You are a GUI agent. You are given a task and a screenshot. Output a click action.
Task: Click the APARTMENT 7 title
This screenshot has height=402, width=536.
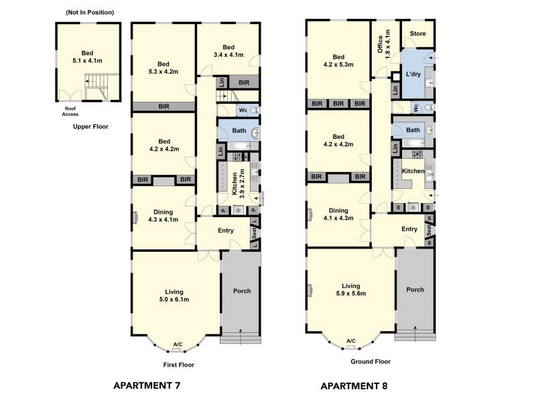click(x=147, y=386)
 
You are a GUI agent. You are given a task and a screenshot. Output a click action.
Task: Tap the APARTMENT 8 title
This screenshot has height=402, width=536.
click(x=354, y=386)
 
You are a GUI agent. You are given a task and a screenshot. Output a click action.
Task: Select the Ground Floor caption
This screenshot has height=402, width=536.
click(x=371, y=361)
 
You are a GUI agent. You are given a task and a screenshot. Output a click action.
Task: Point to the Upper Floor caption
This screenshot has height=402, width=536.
click(x=90, y=127)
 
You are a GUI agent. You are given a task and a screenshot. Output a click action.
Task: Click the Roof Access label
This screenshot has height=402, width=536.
click(x=70, y=111)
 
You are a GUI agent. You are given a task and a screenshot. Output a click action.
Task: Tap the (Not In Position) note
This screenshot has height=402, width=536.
click(x=90, y=12)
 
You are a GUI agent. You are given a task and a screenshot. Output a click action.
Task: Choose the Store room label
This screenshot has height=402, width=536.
click(x=417, y=33)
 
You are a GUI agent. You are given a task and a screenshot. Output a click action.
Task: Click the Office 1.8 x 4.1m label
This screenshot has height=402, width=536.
click(x=383, y=44)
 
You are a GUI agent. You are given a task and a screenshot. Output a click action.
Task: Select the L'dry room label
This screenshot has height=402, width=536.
click(x=413, y=74)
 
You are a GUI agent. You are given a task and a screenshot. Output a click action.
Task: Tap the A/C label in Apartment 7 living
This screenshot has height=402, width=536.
click(x=178, y=344)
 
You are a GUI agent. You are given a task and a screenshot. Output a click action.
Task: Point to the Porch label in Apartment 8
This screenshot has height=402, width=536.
click(x=415, y=289)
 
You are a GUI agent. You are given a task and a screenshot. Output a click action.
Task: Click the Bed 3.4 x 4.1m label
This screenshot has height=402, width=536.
click(x=228, y=51)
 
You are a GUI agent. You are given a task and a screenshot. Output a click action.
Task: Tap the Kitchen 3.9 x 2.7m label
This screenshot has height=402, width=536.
click(x=239, y=184)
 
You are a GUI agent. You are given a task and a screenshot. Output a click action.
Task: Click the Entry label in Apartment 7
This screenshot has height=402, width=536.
click(x=226, y=230)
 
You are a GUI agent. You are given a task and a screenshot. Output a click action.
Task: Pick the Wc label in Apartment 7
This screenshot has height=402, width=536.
click(x=243, y=110)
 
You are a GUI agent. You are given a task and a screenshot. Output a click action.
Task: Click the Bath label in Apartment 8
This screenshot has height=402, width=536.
click(x=413, y=130)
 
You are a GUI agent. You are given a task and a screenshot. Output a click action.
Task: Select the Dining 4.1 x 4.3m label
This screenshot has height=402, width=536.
click(x=338, y=214)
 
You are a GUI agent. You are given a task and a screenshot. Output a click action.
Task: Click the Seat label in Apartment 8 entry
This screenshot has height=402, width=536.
click(x=429, y=230)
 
